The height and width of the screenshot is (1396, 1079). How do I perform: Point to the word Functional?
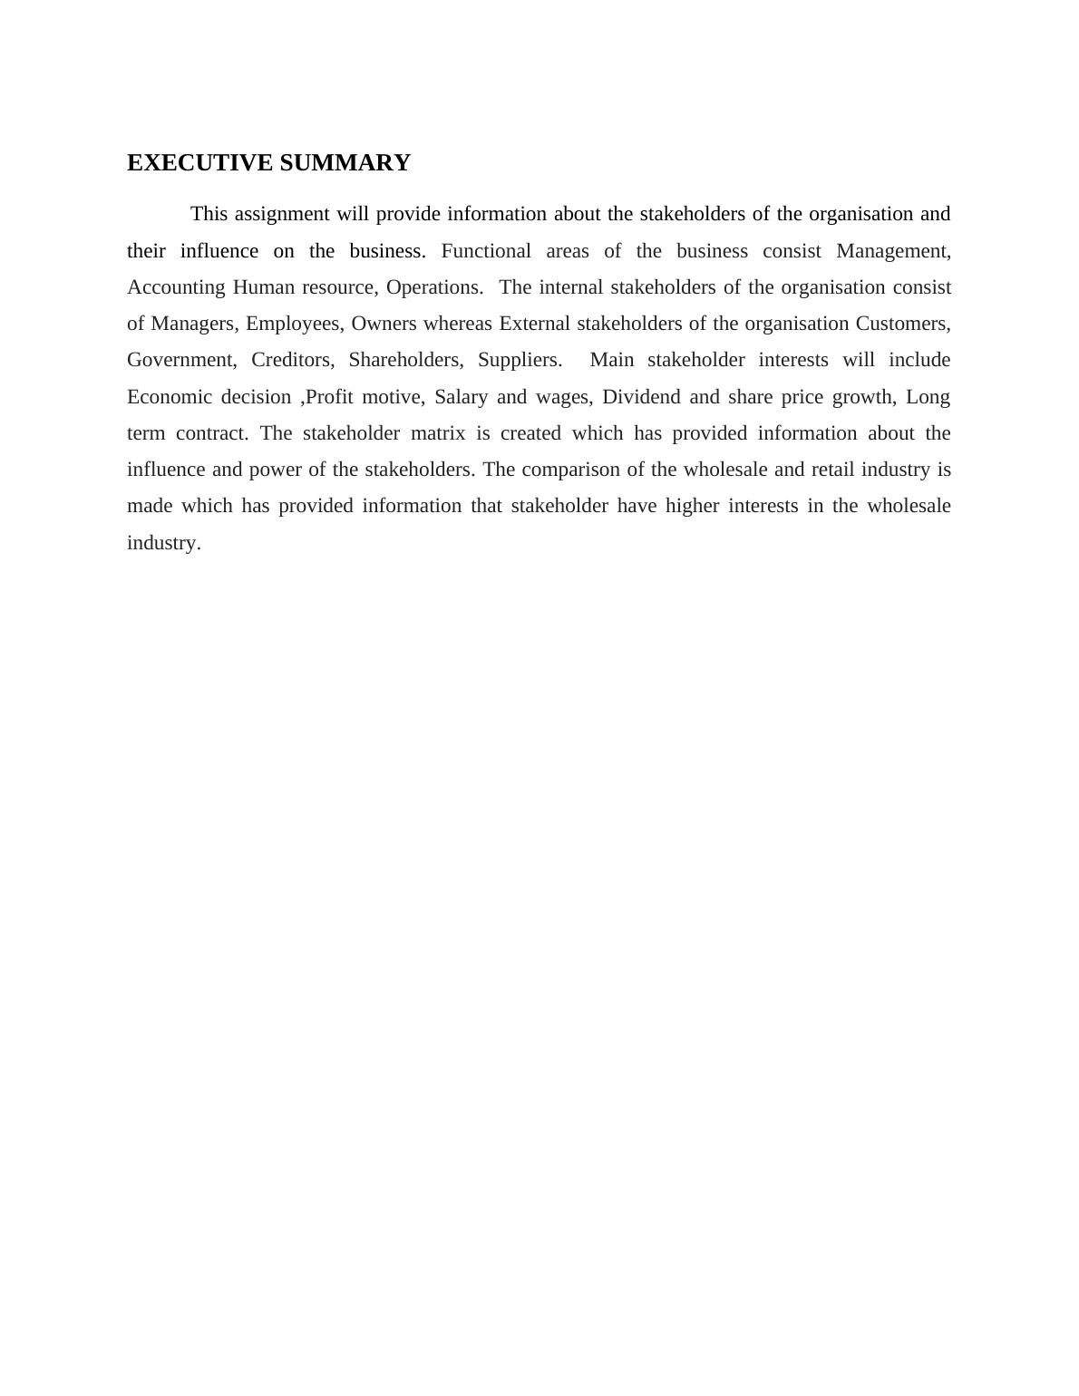[x=486, y=251]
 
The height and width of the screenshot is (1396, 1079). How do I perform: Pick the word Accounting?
[x=176, y=287]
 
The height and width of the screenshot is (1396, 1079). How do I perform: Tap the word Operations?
[x=433, y=287]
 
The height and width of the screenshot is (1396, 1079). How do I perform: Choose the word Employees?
[x=292, y=324]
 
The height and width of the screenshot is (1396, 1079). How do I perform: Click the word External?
[x=534, y=324]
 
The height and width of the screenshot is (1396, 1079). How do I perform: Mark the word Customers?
[x=902, y=324]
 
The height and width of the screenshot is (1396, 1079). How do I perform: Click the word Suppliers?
[x=520, y=360]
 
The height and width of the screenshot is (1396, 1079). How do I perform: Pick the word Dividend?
[x=641, y=397]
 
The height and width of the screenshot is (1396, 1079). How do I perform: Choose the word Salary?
[x=461, y=397]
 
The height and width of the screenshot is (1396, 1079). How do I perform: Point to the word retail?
[x=833, y=470]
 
